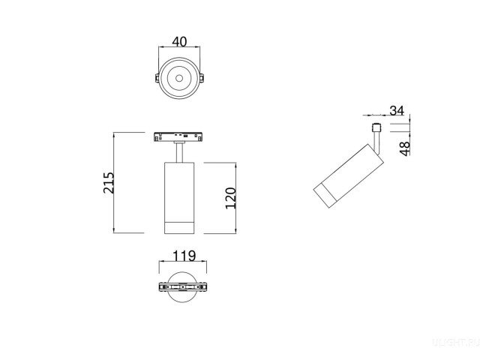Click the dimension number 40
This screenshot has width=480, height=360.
179,42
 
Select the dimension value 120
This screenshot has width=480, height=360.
231,198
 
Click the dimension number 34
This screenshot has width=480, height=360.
397,110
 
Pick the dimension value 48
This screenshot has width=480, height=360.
403,148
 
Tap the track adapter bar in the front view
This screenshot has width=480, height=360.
180,136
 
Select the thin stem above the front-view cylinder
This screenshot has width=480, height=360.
180,151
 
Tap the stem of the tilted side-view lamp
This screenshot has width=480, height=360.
378,142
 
